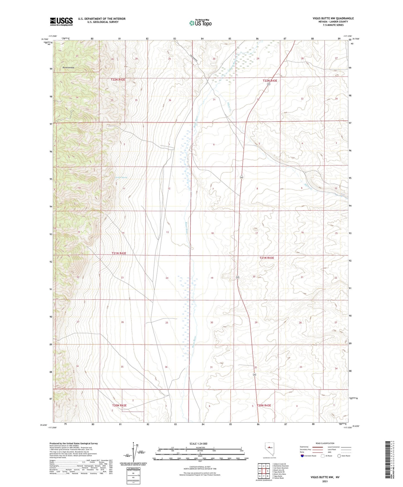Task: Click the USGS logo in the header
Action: (61, 21)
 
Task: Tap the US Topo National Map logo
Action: (200, 23)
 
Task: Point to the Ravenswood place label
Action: (68, 67)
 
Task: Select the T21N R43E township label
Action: (267, 258)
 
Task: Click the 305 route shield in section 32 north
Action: (268, 84)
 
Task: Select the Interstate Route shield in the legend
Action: (303, 456)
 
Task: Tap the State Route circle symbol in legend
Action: (339, 456)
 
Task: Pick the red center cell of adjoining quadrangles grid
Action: (263, 471)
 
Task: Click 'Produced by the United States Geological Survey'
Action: (74, 443)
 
